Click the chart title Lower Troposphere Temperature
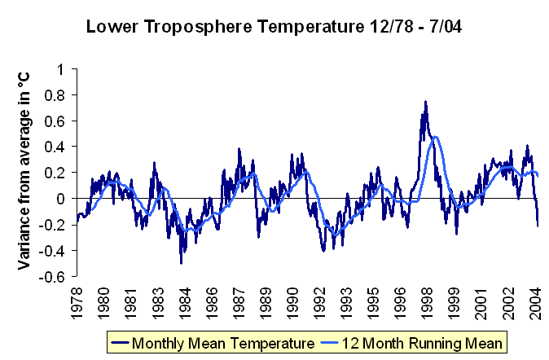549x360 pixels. [x=225, y=27]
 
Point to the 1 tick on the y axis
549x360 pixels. [x=61, y=69]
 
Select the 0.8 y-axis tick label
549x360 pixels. [x=55, y=95]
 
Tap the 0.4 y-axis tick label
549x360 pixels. [x=55, y=147]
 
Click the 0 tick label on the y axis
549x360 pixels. [x=61, y=199]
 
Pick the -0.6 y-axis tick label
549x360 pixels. [x=52, y=277]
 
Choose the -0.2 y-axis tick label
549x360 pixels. [x=52, y=225]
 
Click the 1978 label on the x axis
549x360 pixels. [x=77, y=303]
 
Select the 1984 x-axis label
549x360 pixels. [x=185, y=303]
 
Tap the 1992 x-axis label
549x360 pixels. [x=319, y=303]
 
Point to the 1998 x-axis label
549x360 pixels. [x=427, y=303]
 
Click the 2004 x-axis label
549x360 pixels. [x=535, y=303]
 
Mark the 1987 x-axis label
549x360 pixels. [x=239, y=303]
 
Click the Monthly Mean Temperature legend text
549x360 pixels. [x=223, y=343]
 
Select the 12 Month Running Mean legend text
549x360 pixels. [x=422, y=343]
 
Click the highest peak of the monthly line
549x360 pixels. [x=425, y=102]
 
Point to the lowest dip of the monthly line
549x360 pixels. [x=181, y=263]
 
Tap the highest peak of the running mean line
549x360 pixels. [x=435, y=137]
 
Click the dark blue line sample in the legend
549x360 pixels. [x=120, y=343]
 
